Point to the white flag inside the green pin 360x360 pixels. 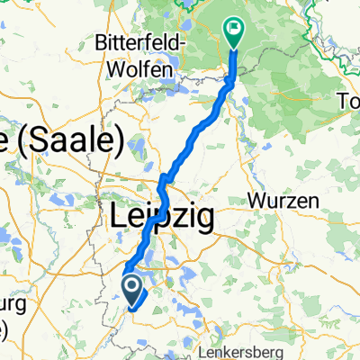click(234, 27)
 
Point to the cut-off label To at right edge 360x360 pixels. click(347, 98)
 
